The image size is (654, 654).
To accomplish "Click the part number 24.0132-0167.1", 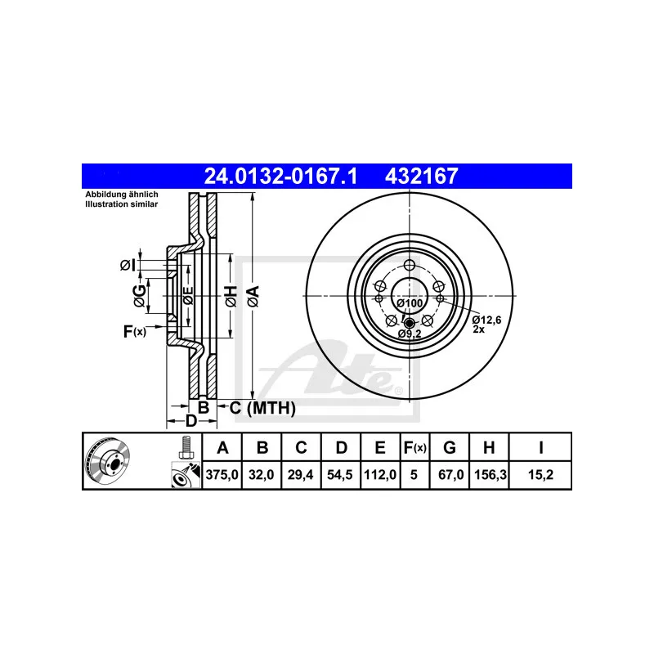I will [280, 175].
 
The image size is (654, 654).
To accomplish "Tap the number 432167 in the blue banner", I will [423, 175].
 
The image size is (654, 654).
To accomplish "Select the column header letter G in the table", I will [449, 447].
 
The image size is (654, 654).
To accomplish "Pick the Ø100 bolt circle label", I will [410, 304].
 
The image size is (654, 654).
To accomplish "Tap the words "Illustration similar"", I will [123, 204].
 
